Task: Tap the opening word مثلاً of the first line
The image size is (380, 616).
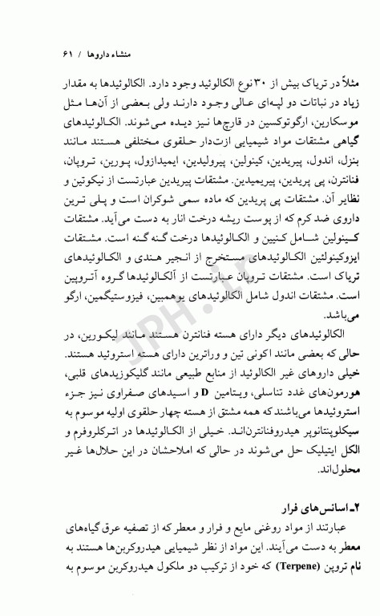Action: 332,83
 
